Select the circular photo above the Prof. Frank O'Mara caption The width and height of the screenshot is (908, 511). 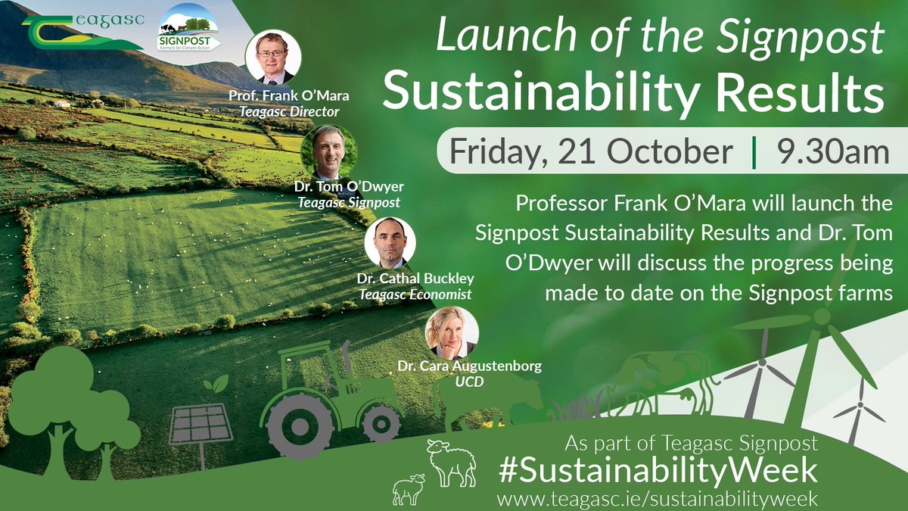click(x=273, y=57)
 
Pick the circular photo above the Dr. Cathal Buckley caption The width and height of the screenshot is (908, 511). click(x=390, y=242)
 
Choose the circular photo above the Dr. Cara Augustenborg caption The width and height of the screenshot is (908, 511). click(x=452, y=332)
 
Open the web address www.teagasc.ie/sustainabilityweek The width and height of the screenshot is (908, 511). click(x=657, y=499)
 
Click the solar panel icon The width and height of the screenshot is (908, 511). click(x=201, y=425)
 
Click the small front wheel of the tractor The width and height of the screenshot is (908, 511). click(x=381, y=422)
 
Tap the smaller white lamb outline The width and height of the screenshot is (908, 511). click(x=409, y=489)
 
